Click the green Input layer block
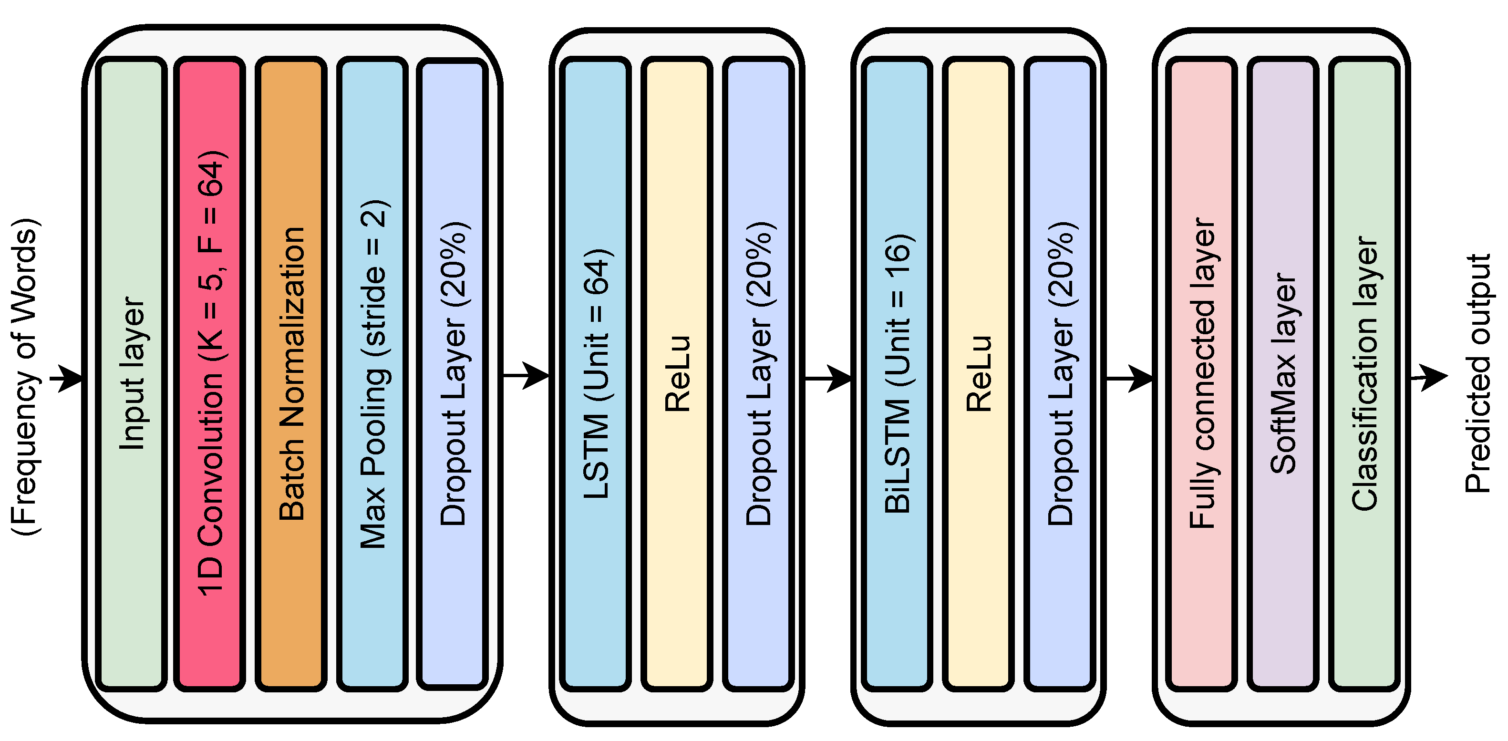(x=131, y=375)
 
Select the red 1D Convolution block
(x=209, y=375)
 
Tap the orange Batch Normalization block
(x=291, y=375)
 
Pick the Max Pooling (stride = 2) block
(x=372, y=375)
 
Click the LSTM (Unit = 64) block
(x=595, y=375)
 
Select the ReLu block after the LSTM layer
(x=677, y=375)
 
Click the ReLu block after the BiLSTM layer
(x=978, y=375)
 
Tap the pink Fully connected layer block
(x=1201, y=375)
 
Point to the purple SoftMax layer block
(x=1282, y=375)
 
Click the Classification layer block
(x=1364, y=375)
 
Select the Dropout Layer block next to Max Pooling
(x=452, y=375)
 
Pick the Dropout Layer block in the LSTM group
(x=758, y=375)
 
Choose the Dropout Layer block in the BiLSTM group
(x=1060, y=375)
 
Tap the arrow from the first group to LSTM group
(x=525, y=375)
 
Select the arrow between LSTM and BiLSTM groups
(x=828, y=378)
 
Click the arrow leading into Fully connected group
(x=1129, y=378)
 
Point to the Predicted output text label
(x=1477, y=375)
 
